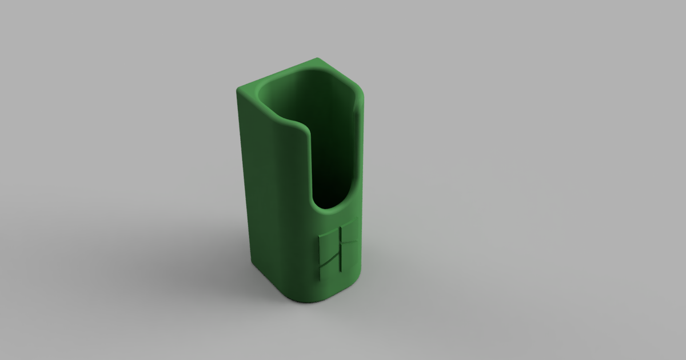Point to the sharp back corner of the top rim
pyautogui.click(x=318, y=59)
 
